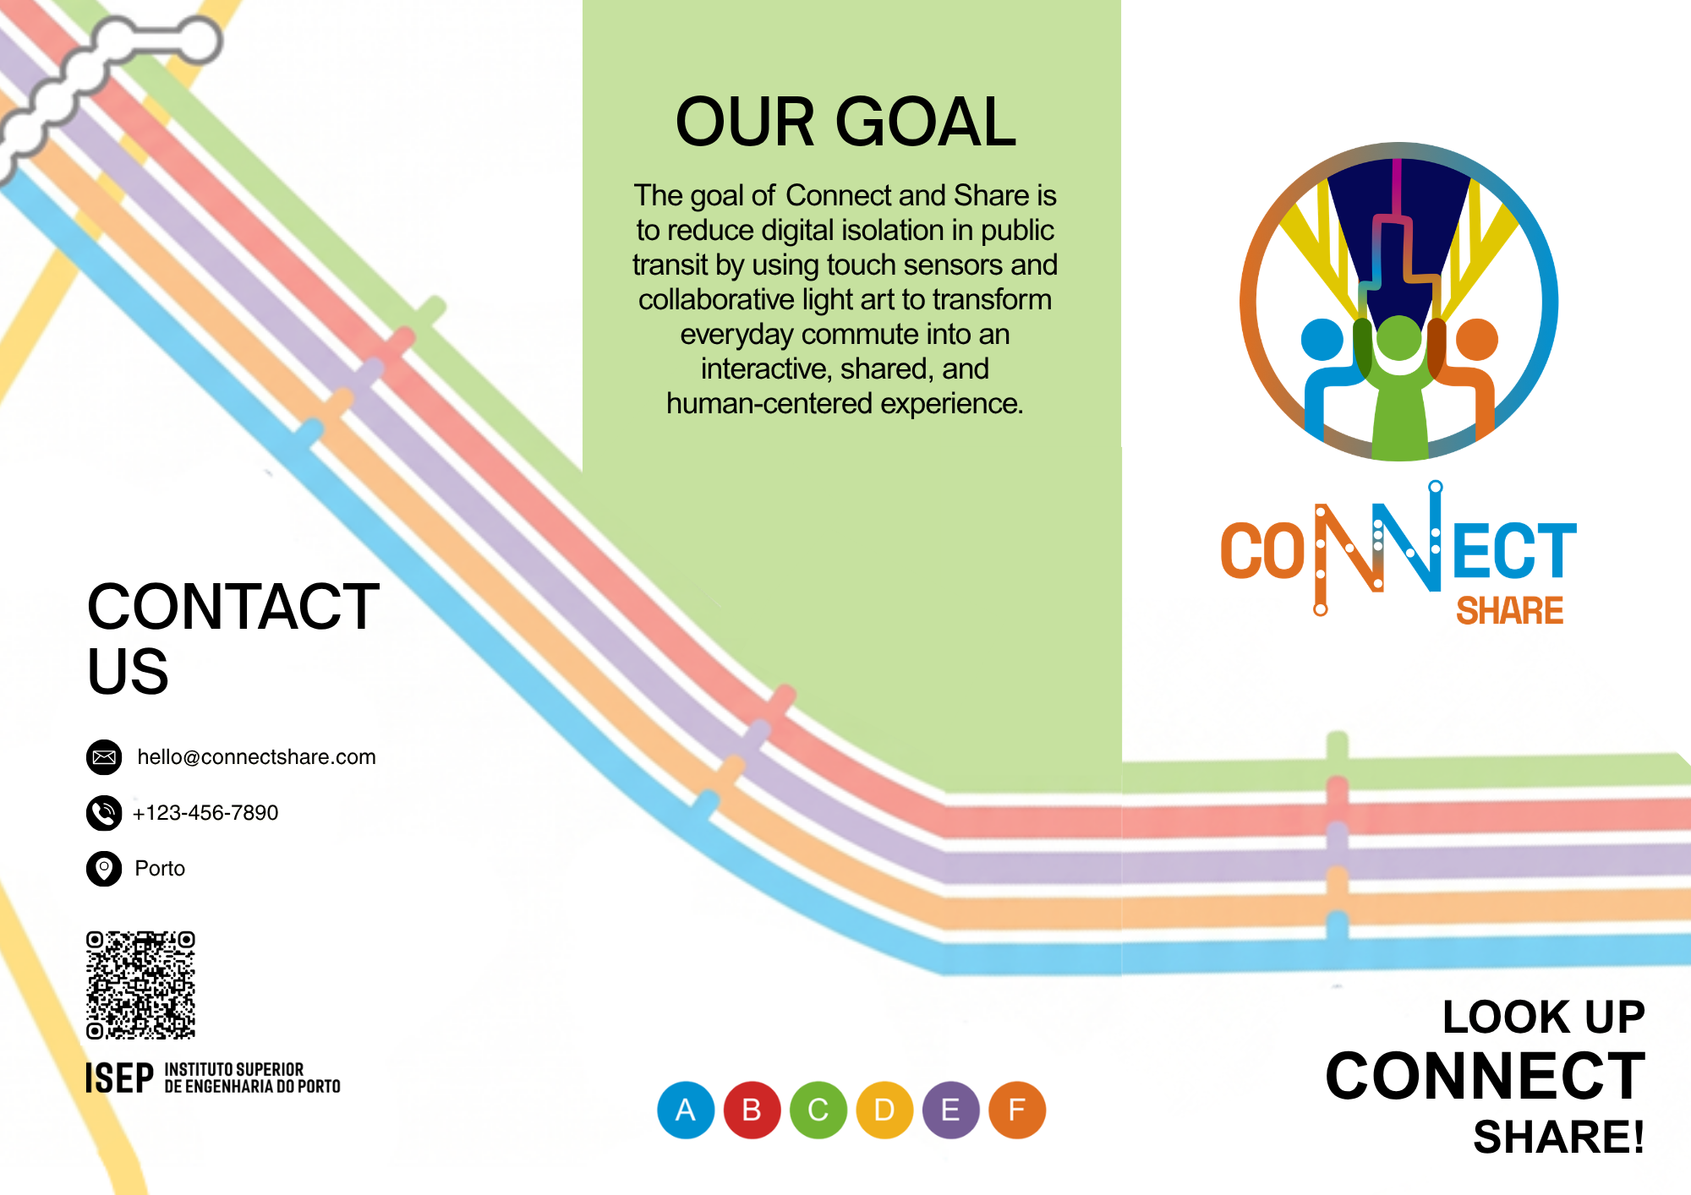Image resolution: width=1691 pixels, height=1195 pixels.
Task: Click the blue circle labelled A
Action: coord(686,1110)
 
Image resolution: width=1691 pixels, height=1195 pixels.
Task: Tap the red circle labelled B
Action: coord(752,1110)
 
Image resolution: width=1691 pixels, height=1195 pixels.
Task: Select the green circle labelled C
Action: coord(818,1110)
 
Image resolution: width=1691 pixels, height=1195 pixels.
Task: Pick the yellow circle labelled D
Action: coord(884,1110)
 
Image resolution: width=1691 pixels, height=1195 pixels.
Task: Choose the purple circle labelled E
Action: coord(950,1110)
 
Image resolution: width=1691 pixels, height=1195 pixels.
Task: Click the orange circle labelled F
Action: coord(1017,1110)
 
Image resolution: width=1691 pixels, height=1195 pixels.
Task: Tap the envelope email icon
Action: coord(104,756)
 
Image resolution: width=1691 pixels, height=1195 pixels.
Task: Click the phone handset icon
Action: coord(104,812)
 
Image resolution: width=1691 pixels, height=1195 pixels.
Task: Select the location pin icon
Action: coord(104,868)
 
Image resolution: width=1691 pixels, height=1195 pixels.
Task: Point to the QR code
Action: coord(140,985)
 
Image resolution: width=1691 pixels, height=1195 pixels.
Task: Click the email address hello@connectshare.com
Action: coord(256,757)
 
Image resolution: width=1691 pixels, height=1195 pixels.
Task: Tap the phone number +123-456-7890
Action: coord(205,813)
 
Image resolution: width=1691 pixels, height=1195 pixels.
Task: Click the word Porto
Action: coord(160,869)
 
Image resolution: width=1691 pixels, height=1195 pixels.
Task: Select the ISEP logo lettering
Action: coord(119,1078)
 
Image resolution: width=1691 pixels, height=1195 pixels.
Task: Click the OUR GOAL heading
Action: coord(845,122)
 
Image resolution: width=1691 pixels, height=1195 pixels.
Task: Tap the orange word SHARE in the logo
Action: coord(1509,610)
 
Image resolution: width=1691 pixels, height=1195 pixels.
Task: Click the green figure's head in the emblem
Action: coord(1398,338)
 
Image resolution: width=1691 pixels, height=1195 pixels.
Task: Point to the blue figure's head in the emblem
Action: coord(1322,339)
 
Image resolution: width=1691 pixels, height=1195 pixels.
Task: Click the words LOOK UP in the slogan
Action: coord(1543,1017)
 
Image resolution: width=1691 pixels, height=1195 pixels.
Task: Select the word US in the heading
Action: coord(128,672)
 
